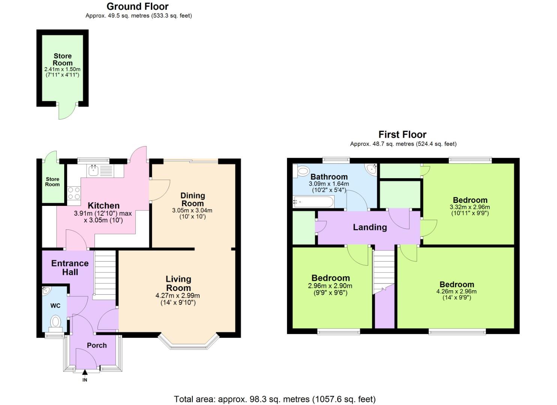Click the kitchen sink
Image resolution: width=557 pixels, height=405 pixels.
[93, 171]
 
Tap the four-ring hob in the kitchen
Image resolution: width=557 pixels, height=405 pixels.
[74, 193]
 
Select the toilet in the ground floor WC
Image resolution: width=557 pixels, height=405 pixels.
[56, 322]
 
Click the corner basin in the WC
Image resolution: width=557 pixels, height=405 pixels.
[46, 290]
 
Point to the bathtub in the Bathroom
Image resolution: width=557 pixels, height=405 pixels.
[313, 202]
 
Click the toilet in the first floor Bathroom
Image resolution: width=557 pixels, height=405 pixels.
[303, 171]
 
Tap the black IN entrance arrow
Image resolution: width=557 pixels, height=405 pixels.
[85, 372]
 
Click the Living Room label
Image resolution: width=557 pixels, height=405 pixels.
[179, 283]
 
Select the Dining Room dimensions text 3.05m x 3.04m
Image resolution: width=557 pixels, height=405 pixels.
[192, 210]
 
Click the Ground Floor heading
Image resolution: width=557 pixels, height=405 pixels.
[138, 6]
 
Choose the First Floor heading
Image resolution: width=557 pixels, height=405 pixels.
[402, 134]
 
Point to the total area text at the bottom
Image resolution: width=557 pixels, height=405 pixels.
[275, 399]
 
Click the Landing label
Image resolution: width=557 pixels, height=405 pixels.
[370, 227]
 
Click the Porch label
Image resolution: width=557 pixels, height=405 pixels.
[97, 345]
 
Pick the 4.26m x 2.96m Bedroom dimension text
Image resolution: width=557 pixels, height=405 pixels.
[456, 291]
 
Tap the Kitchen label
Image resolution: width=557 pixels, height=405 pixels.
[104, 205]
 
